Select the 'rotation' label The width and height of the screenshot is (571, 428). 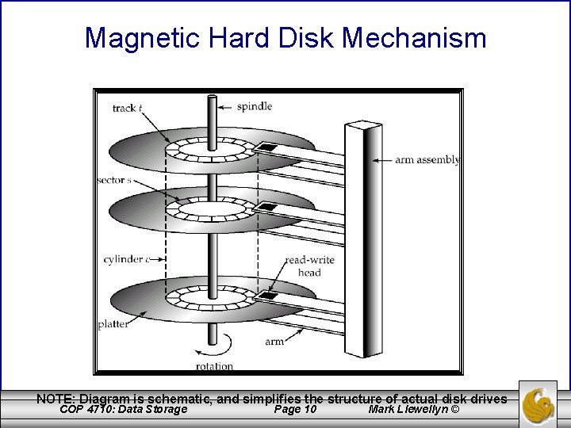pos(214,365)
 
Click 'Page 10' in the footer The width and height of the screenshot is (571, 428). pos(294,409)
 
